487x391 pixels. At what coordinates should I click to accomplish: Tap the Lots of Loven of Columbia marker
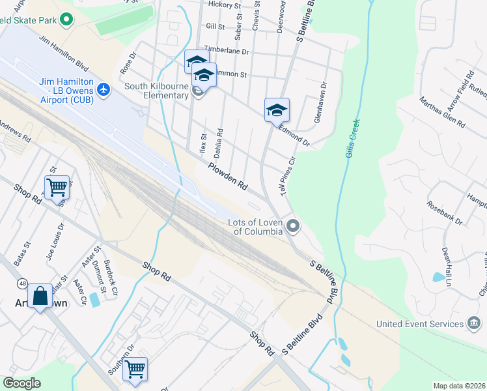point(294,226)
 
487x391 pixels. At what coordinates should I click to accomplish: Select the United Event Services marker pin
point(474,324)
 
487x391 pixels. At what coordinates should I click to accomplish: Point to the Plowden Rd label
point(228,176)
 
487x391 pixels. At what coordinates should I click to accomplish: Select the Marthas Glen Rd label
point(433,112)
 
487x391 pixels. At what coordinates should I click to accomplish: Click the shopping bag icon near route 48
point(40,296)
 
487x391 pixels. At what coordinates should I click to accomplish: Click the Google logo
point(22,383)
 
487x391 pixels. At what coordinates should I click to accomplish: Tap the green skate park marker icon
point(66,20)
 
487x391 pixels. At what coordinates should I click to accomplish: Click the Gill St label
point(215,27)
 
